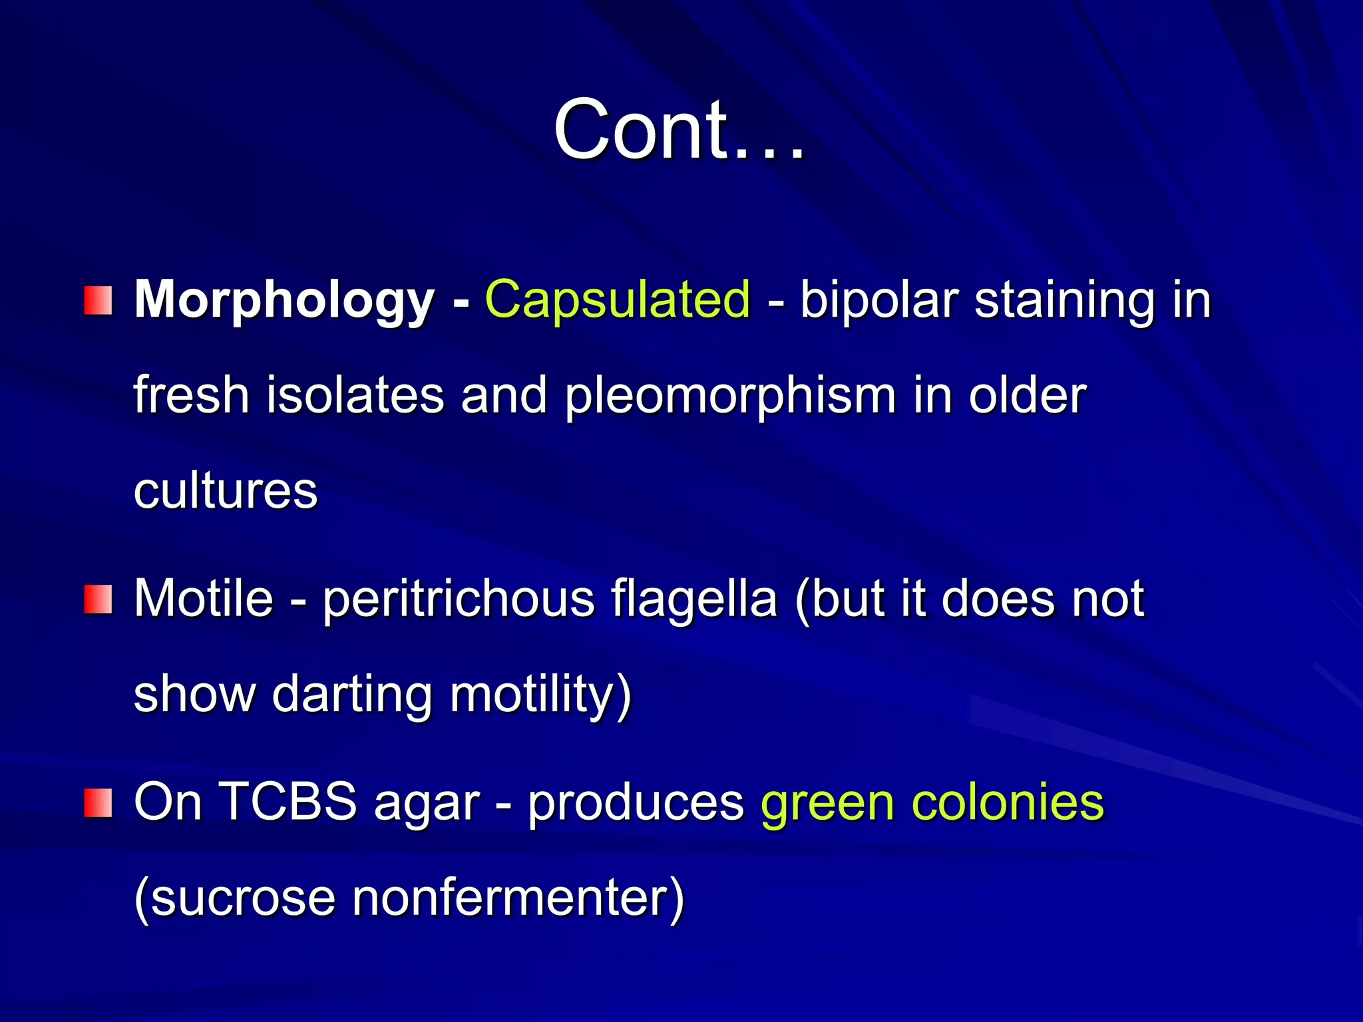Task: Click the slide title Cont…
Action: (x=679, y=130)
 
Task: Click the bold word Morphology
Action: (x=284, y=301)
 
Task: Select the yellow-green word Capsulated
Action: (x=618, y=299)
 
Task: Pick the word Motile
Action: (x=204, y=598)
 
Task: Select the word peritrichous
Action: (x=459, y=599)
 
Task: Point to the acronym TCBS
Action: (x=288, y=802)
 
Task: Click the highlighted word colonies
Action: (x=1008, y=802)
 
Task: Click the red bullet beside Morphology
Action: (x=98, y=301)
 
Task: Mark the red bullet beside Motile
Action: (x=98, y=599)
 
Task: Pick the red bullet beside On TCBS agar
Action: (x=98, y=802)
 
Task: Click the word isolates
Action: (x=355, y=396)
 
